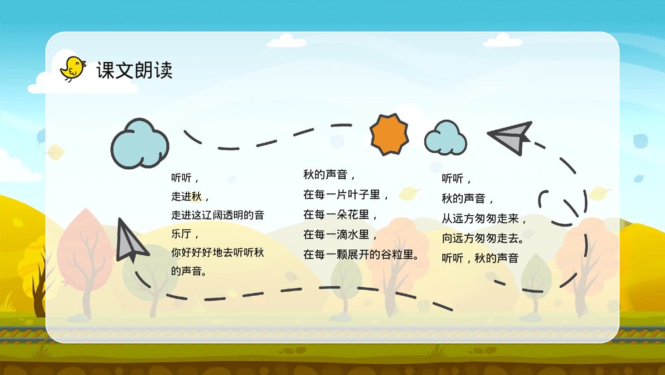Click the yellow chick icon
tap(72, 68)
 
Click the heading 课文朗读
tap(134, 71)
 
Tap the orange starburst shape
tap(390, 135)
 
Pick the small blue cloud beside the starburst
tap(445, 139)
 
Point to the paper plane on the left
tap(130, 241)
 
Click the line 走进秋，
tap(190, 196)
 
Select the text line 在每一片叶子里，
tap(346, 195)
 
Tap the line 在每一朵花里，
tap(340, 215)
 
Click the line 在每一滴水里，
tap(340, 234)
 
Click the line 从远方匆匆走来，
tap(485, 218)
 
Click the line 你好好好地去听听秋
tap(217, 253)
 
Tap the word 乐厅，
tap(186, 234)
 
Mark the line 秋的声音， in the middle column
tap(330, 175)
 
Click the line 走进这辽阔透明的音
tap(217, 215)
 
